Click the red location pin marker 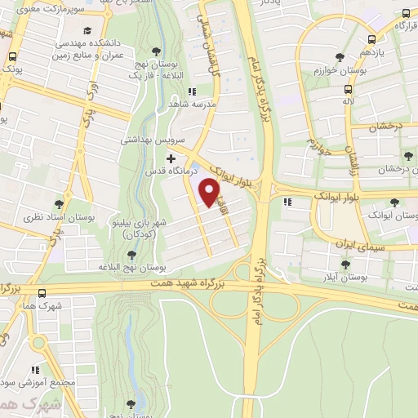(211, 193)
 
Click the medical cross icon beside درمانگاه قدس (170, 157)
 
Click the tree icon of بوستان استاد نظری (60, 204)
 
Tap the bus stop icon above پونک (12, 58)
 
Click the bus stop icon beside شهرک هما (42, 294)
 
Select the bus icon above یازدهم (372, 38)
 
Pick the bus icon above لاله (349, 90)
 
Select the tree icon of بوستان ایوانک (395, 202)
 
